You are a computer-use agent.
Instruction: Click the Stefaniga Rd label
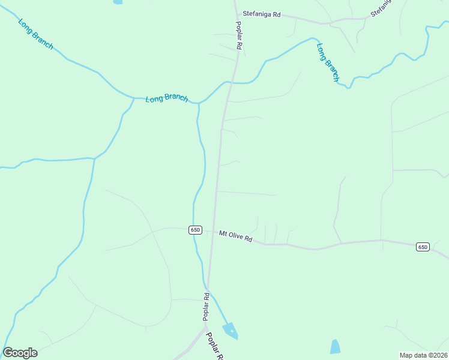coord(261,14)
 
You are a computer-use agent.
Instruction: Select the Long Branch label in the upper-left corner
coord(35,34)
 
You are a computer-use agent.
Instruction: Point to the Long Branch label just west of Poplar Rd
coord(167,98)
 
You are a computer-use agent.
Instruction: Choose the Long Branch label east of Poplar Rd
coord(328,62)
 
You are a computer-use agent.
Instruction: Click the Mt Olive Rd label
coord(235,236)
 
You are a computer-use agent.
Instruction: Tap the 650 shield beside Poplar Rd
coord(195,230)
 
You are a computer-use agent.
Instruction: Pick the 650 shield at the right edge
coord(423,247)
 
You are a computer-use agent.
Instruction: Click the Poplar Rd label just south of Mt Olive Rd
coord(206,305)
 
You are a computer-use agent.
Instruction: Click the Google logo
coord(20,353)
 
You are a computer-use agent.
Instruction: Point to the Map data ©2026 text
coord(424,355)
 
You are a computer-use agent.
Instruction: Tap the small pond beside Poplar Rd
coord(229,329)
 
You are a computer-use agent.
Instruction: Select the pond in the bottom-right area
coord(335,346)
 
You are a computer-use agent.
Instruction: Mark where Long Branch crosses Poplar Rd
coord(229,83)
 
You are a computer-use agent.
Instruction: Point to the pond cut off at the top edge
coord(118,2)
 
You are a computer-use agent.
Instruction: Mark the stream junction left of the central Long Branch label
coord(133,98)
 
